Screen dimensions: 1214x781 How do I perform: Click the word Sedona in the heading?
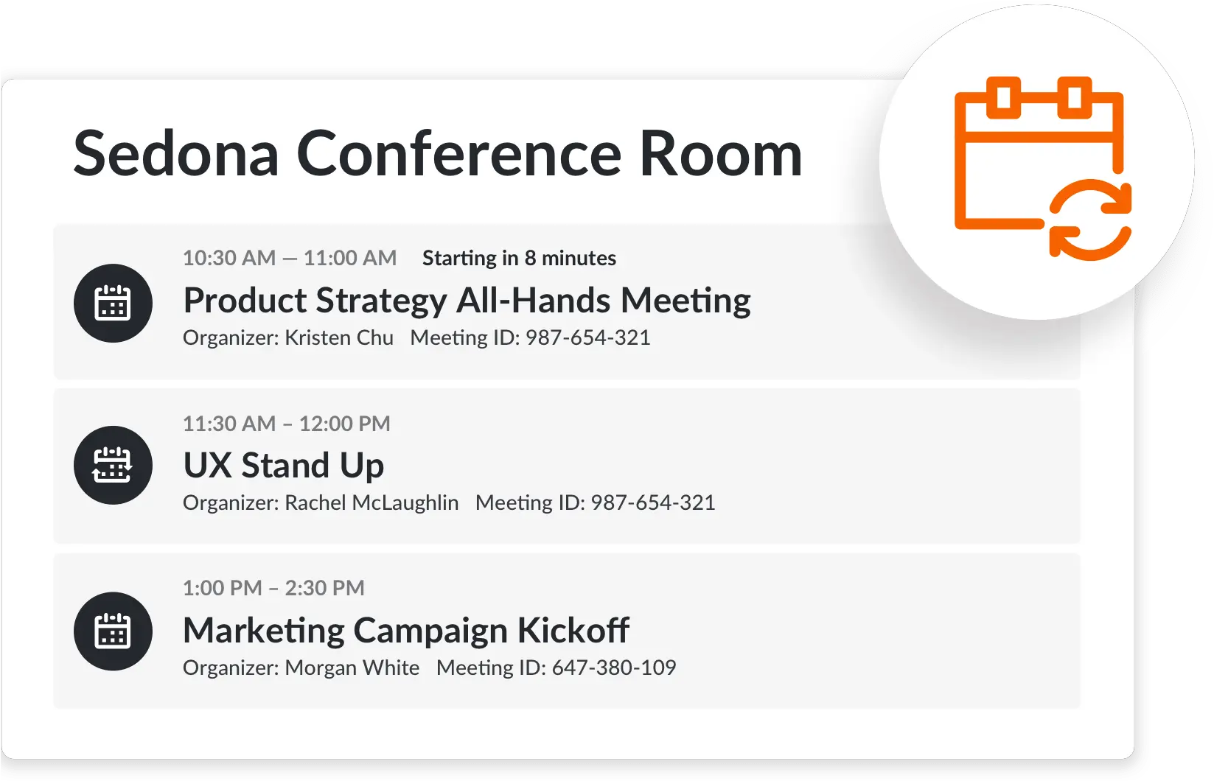[x=176, y=154]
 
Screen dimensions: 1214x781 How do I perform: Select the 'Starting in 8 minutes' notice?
[x=519, y=259]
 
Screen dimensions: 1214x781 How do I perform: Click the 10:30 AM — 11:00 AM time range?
[x=290, y=259]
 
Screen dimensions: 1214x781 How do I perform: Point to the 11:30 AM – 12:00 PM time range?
[x=287, y=424]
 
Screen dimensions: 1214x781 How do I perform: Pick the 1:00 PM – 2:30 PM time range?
[x=273, y=588]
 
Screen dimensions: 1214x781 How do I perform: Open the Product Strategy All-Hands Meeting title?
[x=467, y=301]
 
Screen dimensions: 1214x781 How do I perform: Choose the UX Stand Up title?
[x=284, y=466]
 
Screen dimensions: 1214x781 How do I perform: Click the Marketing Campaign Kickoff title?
[x=406, y=631]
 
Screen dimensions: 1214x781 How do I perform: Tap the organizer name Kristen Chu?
[x=339, y=338]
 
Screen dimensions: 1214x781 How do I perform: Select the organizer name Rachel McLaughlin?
[x=371, y=502]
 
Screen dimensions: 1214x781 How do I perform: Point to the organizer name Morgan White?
[x=352, y=668]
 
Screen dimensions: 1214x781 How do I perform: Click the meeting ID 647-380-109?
[x=614, y=668]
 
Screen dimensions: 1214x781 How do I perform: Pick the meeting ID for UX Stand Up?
[x=653, y=502]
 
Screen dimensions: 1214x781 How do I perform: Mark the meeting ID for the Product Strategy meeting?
[x=588, y=338]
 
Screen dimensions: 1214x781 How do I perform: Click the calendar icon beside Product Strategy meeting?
[x=113, y=304]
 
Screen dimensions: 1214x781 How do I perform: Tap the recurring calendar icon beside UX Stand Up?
[x=113, y=465]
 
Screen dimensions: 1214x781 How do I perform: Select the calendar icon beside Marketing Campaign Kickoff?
[x=113, y=631]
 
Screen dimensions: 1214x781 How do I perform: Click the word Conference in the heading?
[x=459, y=154]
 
